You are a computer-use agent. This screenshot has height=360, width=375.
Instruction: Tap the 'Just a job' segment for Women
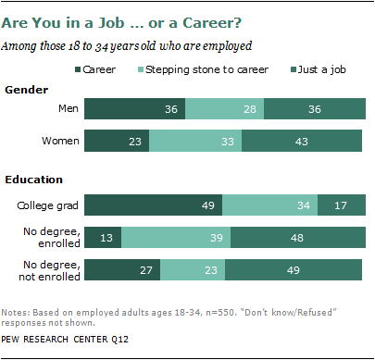click(x=302, y=141)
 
